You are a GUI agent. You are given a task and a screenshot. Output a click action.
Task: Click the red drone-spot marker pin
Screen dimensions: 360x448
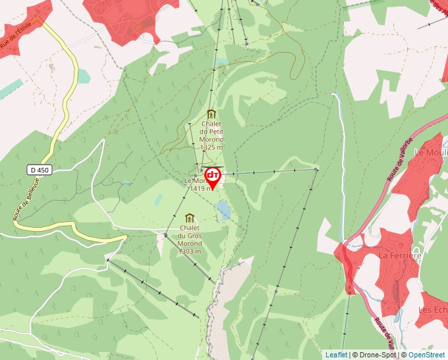pos(213,176)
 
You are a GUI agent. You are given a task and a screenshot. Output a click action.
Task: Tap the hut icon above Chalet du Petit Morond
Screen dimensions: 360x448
pos(211,114)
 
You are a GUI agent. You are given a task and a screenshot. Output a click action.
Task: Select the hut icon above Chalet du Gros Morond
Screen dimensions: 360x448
pos(190,219)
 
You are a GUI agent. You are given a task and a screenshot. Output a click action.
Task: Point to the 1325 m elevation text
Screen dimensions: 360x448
pos(212,148)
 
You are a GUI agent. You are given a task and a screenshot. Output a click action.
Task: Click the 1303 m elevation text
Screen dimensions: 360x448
pos(190,251)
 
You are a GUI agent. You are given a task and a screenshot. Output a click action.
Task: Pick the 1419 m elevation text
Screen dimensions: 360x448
pos(200,188)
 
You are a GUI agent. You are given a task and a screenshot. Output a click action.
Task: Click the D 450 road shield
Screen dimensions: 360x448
pos(40,170)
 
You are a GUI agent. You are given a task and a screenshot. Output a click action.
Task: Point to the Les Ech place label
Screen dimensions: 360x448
pos(433,309)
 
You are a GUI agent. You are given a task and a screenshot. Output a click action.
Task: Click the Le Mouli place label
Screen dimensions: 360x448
pos(430,152)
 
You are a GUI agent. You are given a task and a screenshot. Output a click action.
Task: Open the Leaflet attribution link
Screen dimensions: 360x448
pos(336,355)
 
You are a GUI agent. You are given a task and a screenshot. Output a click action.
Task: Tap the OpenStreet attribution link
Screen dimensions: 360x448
pos(426,355)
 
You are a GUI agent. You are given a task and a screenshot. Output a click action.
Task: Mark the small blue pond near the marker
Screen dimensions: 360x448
pos(225,210)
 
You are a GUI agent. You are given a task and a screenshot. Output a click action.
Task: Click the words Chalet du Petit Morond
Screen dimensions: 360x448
pos(212,132)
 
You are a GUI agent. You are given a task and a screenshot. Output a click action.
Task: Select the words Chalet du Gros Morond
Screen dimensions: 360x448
pos(190,235)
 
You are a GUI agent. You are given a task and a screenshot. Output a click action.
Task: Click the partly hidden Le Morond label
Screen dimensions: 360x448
pos(195,181)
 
